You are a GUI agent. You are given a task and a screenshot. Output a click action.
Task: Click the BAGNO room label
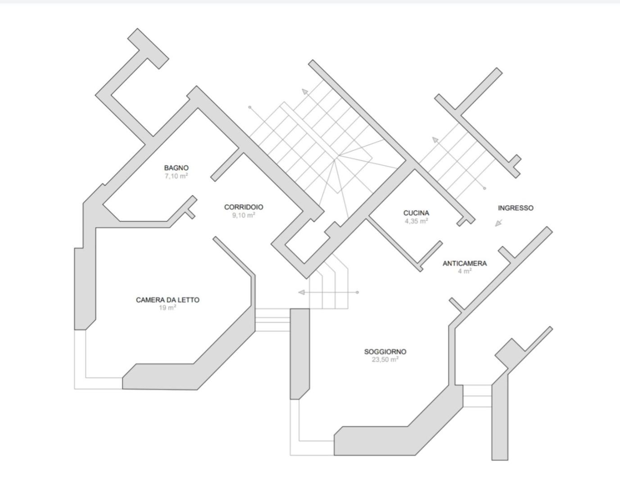point(176,168)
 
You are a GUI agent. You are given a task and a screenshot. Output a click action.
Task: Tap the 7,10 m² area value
point(176,176)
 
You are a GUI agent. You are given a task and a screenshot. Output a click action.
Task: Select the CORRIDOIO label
point(244,207)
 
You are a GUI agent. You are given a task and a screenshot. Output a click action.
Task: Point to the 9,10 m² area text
point(244,215)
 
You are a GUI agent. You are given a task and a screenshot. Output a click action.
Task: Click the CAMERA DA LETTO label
point(168,300)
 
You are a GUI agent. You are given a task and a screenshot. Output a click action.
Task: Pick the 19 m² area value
point(167,308)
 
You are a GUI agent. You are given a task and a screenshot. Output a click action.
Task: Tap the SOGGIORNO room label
point(385,352)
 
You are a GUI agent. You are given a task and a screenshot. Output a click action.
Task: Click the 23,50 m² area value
point(385,359)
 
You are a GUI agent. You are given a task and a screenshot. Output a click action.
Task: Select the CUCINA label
point(416,213)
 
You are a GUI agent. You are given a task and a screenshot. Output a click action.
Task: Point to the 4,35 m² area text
point(416,221)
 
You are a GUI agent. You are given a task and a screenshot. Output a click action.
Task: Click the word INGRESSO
point(516,208)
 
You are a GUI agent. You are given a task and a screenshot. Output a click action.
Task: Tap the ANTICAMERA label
point(465,263)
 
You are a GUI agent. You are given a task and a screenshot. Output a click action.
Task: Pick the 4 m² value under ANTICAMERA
point(465,271)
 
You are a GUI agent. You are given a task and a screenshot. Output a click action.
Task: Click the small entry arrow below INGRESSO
point(499,223)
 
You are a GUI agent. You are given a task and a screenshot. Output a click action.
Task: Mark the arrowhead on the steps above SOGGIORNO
point(302,292)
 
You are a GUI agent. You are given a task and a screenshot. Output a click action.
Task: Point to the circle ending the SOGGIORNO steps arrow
point(358,292)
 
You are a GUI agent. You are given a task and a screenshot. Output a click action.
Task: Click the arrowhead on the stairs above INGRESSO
point(435,140)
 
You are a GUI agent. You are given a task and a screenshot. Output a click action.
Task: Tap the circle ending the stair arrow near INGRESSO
point(484,188)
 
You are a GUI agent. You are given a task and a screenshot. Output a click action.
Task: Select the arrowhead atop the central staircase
point(305,91)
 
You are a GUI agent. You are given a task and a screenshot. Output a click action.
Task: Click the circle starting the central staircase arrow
point(249,107)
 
